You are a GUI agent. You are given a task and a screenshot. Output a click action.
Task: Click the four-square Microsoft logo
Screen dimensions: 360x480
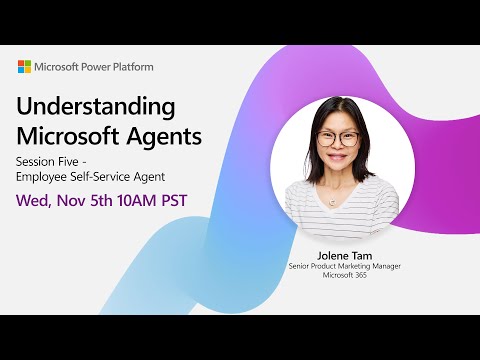tap(25, 67)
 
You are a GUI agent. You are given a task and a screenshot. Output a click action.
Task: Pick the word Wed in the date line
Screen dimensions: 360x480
tap(37, 199)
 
